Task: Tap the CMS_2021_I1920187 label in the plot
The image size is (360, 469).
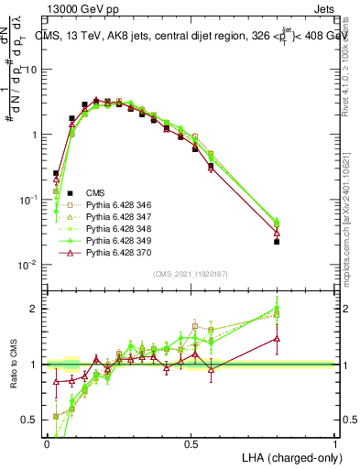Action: click(190, 274)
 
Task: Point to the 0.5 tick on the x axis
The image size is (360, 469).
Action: click(191, 443)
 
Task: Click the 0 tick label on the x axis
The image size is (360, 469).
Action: click(47, 443)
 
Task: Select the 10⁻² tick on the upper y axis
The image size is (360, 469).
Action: click(33, 265)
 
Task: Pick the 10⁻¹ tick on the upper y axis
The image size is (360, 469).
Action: click(33, 200)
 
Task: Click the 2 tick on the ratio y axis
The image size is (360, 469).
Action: click(38, 309)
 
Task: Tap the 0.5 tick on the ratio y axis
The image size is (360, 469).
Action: click(33, 420)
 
